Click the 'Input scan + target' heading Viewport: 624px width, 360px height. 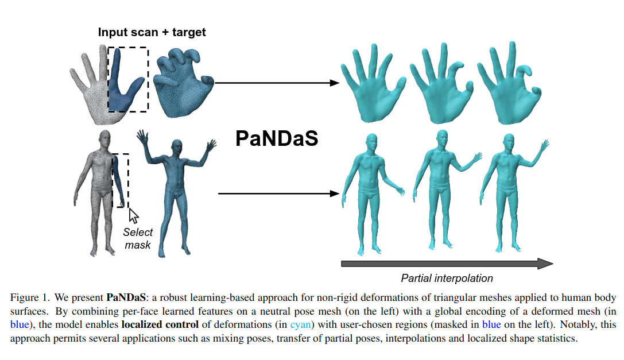[x=152, y=32]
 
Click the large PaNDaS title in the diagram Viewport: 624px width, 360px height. [x=277, y=139]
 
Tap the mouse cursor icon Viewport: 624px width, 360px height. [x=134, y=215]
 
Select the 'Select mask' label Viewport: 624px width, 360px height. [x=138, y=238]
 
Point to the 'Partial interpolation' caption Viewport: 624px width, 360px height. [x=447, y=278]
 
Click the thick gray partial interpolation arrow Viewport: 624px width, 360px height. [x=447, y=264]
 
